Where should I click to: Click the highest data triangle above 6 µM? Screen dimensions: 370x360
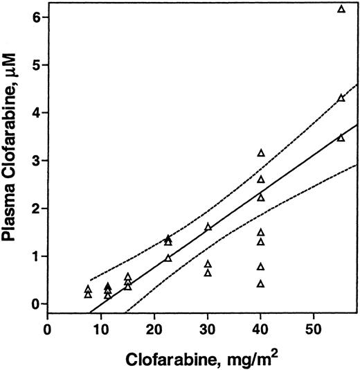pyautogui.click(x=341, y=9)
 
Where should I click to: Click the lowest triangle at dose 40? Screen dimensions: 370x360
pyautogui.click(x=261, y=283)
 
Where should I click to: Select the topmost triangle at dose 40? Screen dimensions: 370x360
pyautogui.click(x=261, y=152)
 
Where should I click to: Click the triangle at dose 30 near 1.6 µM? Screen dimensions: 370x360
pyautogui.click(x=208, y=227)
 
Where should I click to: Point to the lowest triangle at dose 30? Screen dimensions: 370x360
pyautogui.click(x=208, y=273)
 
